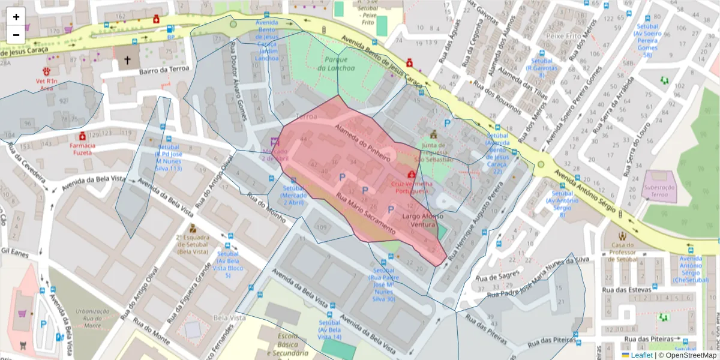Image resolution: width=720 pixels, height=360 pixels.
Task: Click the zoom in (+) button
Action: [x=16, y=17]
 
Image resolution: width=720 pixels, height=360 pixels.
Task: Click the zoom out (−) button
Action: [x=16, y=34]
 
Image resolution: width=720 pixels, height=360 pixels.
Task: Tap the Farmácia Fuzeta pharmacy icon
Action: [x=82, y=136]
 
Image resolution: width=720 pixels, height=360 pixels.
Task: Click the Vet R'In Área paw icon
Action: [x=46, y=71]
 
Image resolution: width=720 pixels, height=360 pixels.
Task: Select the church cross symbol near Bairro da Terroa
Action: [x=127, y=60]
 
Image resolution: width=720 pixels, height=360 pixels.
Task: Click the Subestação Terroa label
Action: [x=659, y=191]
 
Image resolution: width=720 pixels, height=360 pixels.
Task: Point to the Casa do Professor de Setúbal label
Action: [x=623, y=252]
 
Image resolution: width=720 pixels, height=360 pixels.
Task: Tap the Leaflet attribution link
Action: [x=642, y=355]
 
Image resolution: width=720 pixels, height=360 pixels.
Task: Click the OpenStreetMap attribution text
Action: [x=688, y=355]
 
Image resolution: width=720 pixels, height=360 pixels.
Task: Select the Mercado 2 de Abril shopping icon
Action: [x=275, y=142]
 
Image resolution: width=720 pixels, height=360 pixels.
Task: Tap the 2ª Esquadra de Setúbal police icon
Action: [x=193, y=229]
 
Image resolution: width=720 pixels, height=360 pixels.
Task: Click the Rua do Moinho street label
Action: [x=266, y=208]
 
